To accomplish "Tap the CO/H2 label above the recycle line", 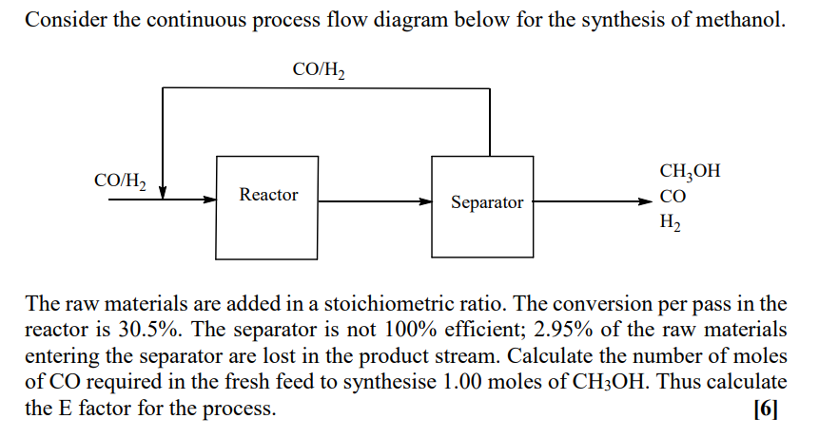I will [x=320, y=70].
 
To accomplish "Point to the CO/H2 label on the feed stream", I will [x=120, y=181].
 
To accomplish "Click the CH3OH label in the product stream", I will [x=689, y=172].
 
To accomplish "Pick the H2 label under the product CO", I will [x=670, y=224].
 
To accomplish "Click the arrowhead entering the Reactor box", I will [x=210, y=200].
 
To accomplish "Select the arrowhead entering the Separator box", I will [x=425, y=201].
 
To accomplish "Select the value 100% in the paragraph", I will [x=411, y=330].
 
